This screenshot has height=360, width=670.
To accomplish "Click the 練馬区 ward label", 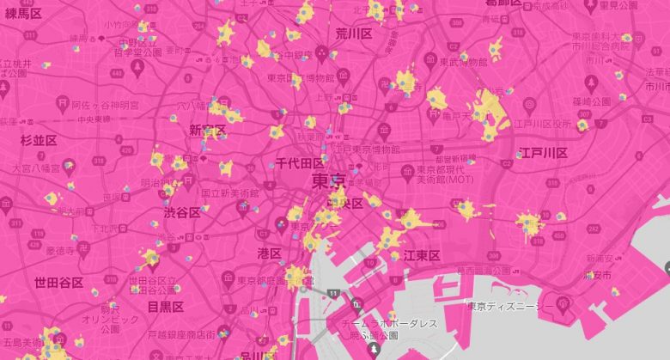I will point(23,14).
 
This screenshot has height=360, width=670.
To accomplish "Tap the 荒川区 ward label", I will point(353,34).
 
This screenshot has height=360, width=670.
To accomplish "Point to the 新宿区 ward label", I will point(207,131).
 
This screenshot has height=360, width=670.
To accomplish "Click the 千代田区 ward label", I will point(299,163).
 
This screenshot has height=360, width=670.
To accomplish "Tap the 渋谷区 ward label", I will point(182,212).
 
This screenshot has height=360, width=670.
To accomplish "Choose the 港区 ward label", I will point(270,253).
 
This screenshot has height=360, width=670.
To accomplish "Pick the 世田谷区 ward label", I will point(58,282).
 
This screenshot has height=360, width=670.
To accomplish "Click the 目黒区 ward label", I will point(165,306).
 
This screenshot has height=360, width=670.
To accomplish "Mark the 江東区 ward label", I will point(422,255).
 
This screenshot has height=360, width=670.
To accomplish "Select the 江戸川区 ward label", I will point(543,153).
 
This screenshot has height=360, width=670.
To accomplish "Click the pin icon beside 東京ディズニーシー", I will point(563,303).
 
